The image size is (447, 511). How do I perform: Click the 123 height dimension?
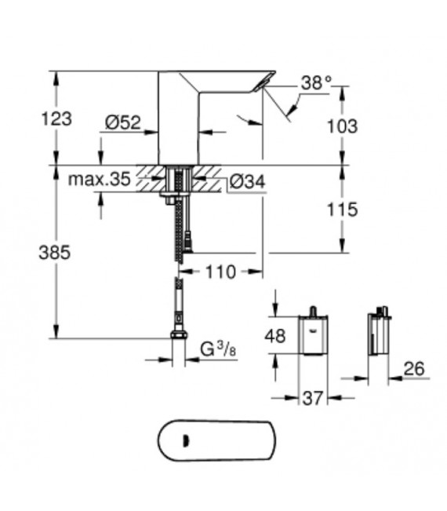tap(57, 119)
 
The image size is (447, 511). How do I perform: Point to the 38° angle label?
tap(317, 82)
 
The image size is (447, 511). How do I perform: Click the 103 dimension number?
tap(342, 126)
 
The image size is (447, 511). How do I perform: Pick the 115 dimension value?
tap(342, 210)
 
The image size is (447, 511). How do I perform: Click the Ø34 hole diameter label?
tap(247, 182)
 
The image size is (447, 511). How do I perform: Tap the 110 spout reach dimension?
tap(221, 272)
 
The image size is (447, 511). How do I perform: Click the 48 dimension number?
tap(274, 336)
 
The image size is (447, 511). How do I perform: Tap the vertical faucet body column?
tap(179, 126)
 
